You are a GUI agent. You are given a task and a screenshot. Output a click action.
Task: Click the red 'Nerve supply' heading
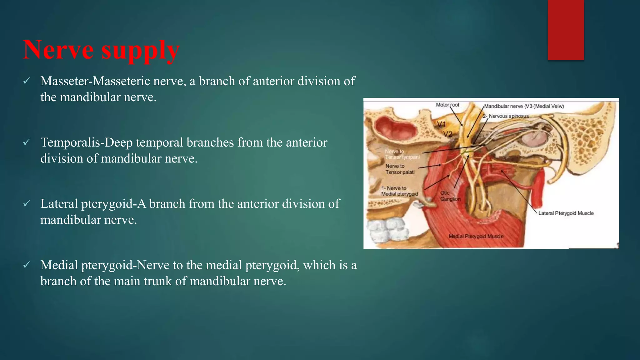101,50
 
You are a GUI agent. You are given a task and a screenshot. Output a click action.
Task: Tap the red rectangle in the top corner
566,30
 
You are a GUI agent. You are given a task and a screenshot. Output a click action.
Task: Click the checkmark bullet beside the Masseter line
27,81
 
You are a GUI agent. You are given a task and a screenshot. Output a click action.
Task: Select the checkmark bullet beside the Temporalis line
27,142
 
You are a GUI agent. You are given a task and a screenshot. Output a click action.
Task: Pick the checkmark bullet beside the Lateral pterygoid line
27,204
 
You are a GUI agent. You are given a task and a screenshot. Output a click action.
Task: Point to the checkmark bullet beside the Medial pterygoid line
27,265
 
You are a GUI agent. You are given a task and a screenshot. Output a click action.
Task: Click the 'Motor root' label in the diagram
447,105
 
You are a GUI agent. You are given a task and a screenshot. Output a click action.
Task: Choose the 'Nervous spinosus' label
508,116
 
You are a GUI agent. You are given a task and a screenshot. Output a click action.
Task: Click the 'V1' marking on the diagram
441,124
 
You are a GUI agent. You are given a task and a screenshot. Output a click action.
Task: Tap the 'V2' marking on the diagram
448,134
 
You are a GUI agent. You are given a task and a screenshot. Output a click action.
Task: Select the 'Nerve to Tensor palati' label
400,169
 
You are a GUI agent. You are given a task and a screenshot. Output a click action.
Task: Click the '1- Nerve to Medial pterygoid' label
399,191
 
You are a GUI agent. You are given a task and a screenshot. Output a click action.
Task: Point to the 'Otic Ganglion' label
450,196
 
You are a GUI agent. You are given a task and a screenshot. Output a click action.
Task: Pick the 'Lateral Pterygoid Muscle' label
566,213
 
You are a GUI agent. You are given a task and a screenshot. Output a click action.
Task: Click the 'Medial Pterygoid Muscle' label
476,236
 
